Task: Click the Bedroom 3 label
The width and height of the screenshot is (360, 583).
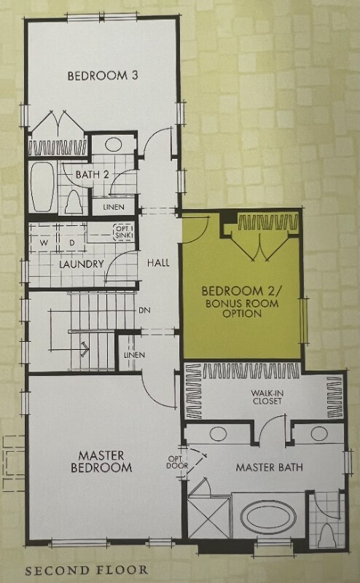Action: pos(103,76)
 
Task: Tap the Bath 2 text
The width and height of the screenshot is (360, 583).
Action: pos(93,174)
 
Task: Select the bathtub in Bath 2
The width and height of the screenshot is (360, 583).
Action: pos(43,187)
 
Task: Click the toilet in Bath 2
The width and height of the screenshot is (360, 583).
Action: pos(74,202)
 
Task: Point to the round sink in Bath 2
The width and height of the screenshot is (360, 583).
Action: pos(113,144)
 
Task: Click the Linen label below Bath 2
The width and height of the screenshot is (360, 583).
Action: pos(114,207)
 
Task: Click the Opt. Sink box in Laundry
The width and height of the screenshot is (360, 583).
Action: pos(123,232)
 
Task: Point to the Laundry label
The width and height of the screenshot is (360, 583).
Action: pos(82,264)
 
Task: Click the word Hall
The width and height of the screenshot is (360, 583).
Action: pos(158,263)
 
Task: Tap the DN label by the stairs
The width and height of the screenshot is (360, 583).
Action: pos(144,310)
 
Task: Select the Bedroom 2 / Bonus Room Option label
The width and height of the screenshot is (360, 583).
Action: pos(242,302)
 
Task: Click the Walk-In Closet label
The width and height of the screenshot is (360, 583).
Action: pos(267,397)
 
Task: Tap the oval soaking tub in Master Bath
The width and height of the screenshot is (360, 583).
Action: pos(268,517)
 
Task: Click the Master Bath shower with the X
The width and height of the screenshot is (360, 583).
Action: pos(209,518)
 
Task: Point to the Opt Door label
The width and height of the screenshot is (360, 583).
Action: pos(177,462)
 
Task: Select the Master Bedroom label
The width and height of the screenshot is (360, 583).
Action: pos(101,461)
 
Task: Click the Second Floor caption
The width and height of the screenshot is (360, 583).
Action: pos(86,570)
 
